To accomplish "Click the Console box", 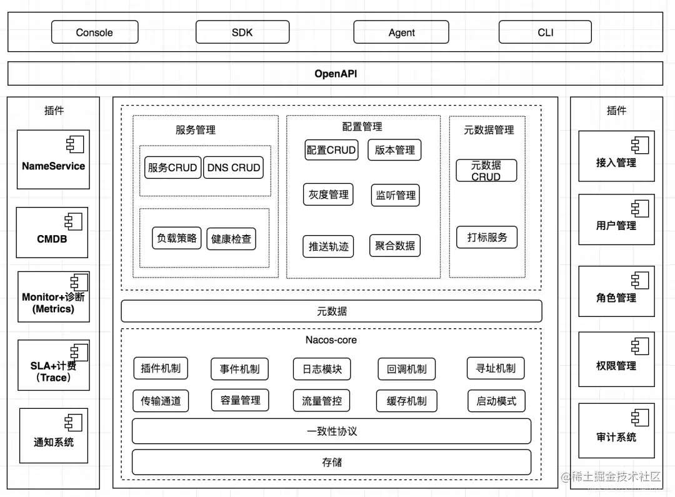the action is (x=95, y=33).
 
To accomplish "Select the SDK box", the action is (x=242, y=33).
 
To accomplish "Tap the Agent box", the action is (x=401, y=33).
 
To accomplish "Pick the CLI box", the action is (x=545, y=33).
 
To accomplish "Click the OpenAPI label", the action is (x=336, y=74).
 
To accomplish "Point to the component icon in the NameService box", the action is (x=75, y=144).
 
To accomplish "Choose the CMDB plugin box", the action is (x=52, y=233).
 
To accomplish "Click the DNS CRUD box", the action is (x=233, y=168).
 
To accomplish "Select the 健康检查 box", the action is (x=231, y=239).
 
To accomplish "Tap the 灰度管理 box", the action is (x=329, y=194).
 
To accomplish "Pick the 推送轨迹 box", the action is (x=329, y=246).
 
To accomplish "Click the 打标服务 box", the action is (x=487, y=238).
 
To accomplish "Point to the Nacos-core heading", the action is (x=331, y=340).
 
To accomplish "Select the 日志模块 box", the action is (x=322, y=369).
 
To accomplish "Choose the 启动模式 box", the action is (x=496, y=401).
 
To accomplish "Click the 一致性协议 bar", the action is (x=331, y=431).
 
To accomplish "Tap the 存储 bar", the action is (x=331, y=462).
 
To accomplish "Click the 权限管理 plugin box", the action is (x=616, y=359).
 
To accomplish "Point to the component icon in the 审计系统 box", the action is (x=640, y=418).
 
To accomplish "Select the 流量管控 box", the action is (x=322, y=401).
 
